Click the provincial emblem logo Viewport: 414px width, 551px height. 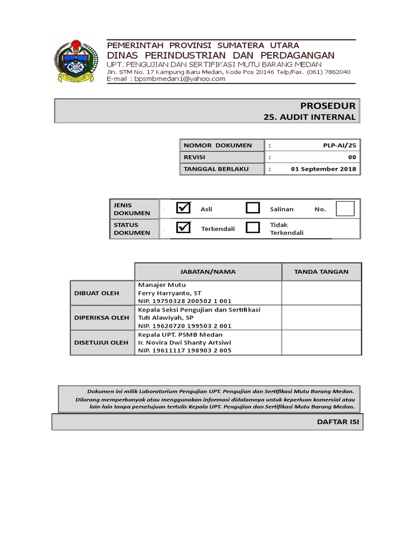[x=74, y=61]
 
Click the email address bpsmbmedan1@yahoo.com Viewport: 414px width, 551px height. [x=180, y=79]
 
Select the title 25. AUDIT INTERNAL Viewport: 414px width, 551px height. [x=310, y=117]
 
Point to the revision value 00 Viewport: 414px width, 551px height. [x=351, y=157]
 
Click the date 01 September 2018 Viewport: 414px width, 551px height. [x=323, y=169]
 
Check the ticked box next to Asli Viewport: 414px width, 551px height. [x=184, y=208]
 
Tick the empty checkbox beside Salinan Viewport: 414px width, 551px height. [x=253, y=208]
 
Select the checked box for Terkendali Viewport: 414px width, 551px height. [x=184, y=228]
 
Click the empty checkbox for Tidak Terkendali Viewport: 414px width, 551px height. [x=253, y=228]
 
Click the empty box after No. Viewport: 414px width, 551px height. [x=345, y=208]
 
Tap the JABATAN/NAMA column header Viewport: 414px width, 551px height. [x=208, y=272]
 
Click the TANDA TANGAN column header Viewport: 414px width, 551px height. [x=321, y=272]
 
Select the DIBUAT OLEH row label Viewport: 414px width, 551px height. [x=96, y=293]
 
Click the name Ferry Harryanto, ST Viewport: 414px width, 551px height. [x=169, y=293]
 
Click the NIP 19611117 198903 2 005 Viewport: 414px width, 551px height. [x=185, y=350]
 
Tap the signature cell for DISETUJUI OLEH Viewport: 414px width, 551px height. [x=321, y=342]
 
